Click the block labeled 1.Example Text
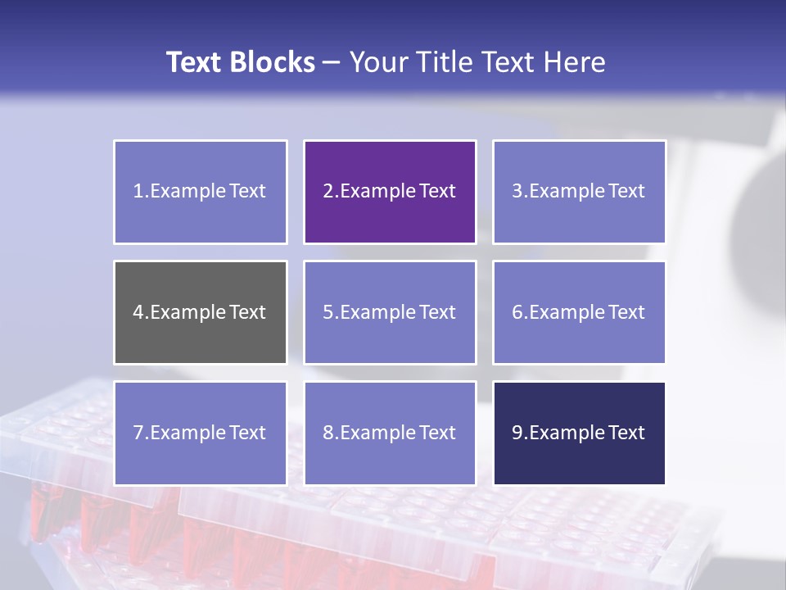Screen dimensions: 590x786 pos(201,192)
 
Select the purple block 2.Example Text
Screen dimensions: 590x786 pos(390,192)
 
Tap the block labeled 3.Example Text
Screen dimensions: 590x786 pos(579,192)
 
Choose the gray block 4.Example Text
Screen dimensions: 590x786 pos(201,312)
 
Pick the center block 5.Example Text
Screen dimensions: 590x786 pos(390,312)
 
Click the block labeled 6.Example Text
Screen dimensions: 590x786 pos(579,312)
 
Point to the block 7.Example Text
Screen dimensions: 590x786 pos(201,433)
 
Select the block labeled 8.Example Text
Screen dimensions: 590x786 pos(390,433)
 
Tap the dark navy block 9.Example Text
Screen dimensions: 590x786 pos(579,433)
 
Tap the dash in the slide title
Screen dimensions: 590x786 pos(332,63)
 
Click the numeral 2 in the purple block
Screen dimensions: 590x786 pos(327,192)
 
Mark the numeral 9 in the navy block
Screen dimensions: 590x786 pos(517,433)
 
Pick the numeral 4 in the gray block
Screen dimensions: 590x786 pos(138,312)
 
